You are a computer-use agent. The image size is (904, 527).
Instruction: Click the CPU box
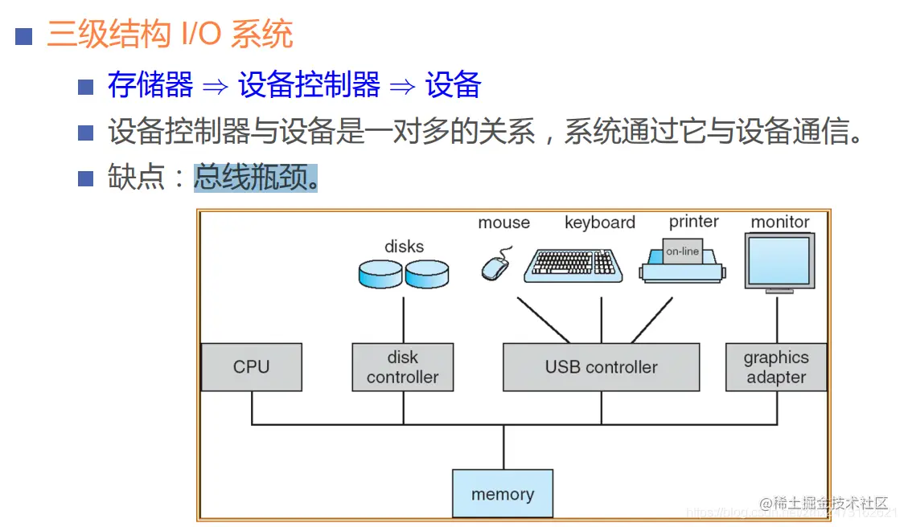[251, 367]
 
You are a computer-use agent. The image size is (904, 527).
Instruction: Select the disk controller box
[402, 367]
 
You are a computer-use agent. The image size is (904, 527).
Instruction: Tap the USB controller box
[601, 367]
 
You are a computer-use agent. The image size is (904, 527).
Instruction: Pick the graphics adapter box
[775, 367]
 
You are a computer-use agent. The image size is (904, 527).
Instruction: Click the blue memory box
[503, 494]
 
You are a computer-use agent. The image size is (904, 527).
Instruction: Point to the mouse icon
[495, 268]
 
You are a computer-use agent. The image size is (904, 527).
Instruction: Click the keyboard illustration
[573, 265]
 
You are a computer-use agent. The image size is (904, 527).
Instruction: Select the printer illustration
[682, 263]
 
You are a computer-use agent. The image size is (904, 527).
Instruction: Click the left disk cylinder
[380, 274]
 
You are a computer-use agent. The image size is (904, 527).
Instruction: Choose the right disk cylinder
[426, 274]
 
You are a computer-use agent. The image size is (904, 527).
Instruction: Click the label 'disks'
[404, 247]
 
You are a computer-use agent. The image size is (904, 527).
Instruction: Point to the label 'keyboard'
[599, 223]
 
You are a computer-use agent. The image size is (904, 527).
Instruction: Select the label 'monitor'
[779, 222]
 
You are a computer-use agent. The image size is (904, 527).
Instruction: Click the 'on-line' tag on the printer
[682, 251]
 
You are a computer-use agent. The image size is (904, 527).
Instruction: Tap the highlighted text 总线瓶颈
[256, 178]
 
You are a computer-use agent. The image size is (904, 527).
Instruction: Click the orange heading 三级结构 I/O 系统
[170, 35]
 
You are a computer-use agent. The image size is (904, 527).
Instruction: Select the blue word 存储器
[150, 85]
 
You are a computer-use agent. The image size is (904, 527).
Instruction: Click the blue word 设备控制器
[309, 85]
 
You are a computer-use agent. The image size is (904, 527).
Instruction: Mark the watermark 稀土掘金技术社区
[828, 504]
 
